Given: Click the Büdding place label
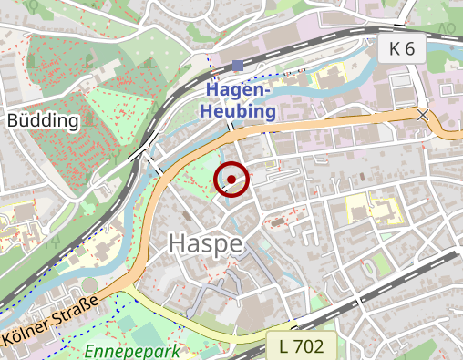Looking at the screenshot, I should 43,119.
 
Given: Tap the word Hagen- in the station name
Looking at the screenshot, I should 240,91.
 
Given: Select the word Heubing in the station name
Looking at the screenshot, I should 240,111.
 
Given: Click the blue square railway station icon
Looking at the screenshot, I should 238,65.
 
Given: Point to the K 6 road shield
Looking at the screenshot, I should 401,49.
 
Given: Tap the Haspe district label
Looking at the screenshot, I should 205,243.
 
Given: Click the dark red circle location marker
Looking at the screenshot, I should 231,180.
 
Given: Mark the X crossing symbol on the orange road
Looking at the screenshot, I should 423,116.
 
